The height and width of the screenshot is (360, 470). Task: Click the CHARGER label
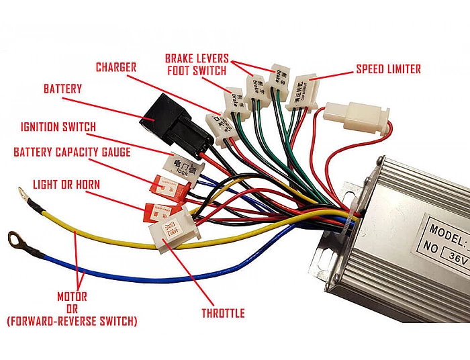pyautogui.click(x=116, y=67)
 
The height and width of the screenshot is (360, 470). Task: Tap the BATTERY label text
pyautogui.click(x=62, y=89)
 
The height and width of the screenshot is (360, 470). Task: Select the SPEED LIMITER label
pyautogui.click(x=388, y=69)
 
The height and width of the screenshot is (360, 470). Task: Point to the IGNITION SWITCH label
pyautogui.click(x=58, y=127)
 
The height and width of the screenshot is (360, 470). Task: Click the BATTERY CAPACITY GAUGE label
pyautogui.click(x=72, y=152)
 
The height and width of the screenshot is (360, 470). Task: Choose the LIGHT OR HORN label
pyautogui.click(x=66, y=184)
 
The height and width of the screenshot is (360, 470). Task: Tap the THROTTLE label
pyautogui.click(x=223, y=313)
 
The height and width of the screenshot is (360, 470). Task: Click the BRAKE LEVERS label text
pyautogui.click(x=197, y=58)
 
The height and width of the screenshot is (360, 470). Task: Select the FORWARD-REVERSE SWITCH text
pyautogui.click(x=72, y=322)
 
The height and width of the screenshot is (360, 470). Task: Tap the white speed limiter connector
pyautogui.click(x=301, y=90)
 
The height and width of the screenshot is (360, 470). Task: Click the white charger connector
pyautogui.click(x=222, y=123)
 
